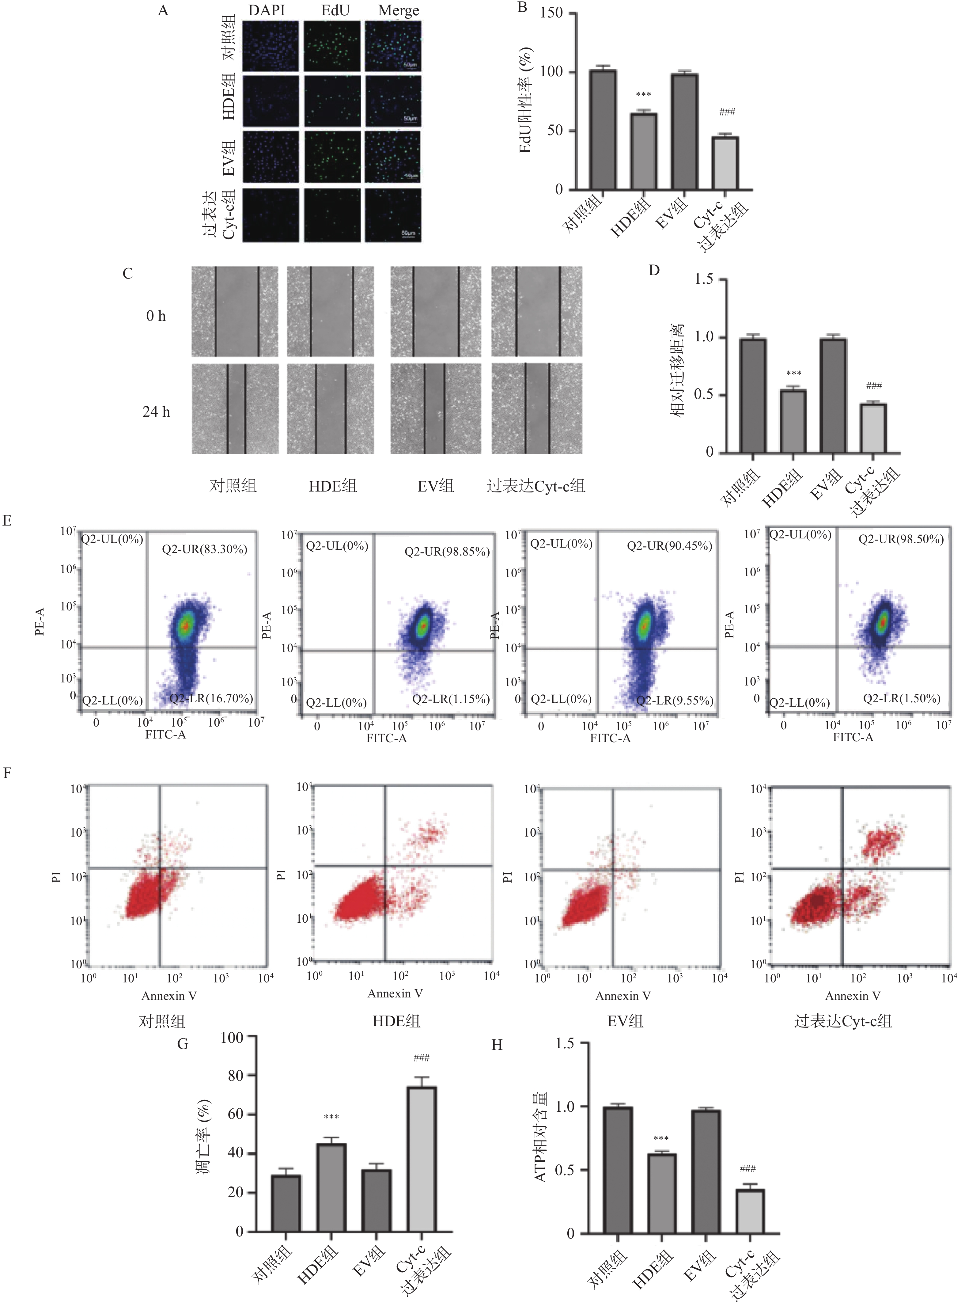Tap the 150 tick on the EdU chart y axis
coord(551,13)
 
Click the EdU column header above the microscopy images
coord(335,10)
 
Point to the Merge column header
coord(398,10)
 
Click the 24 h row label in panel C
coord(156,412)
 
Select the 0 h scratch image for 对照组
coord(235,311)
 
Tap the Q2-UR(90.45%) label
coord(669,546)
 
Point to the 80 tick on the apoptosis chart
coord(235,1076)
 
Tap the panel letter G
coord(183,1044)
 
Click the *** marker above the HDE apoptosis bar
coord(331,1117)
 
